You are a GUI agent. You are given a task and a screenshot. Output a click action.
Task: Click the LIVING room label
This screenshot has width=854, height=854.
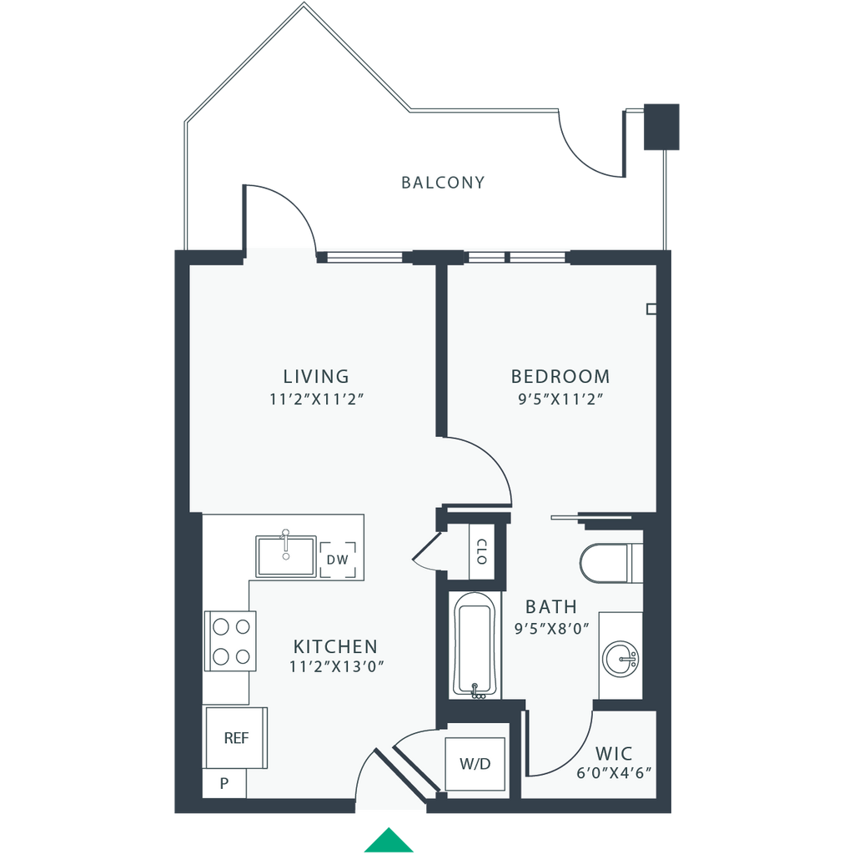coord(315,376)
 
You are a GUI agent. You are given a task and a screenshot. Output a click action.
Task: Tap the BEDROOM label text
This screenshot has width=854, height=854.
coord(560,376)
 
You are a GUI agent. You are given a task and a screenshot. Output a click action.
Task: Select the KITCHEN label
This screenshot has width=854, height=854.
coord(335,646)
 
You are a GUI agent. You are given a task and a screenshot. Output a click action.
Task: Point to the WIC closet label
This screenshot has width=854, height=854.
coord(613,751)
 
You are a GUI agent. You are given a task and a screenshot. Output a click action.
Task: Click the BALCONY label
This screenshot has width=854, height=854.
coord(443,182)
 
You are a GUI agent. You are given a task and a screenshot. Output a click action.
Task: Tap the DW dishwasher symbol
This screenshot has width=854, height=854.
coord(337,560)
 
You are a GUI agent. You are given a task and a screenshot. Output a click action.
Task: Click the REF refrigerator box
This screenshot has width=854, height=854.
coord(235,738)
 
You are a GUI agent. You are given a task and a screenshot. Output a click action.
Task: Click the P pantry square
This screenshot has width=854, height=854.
coord(224,783)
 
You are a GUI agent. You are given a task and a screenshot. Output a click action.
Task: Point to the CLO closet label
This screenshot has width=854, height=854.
coord(481,551)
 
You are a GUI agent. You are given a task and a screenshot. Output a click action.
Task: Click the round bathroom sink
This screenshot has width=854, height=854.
coord(620,659)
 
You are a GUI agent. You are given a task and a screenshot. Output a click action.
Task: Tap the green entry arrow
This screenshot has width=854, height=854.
coord(387,839)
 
